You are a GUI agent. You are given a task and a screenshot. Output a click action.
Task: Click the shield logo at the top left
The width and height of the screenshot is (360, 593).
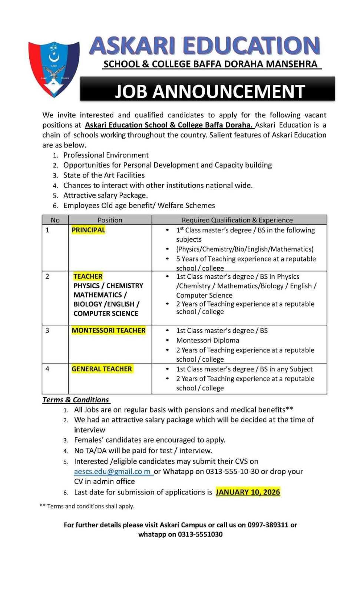pos(54,69)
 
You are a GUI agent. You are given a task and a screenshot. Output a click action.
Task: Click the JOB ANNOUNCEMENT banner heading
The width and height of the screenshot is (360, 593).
pos(209,91)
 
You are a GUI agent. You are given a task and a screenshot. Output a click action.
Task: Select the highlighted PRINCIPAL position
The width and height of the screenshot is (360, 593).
pos(88,230)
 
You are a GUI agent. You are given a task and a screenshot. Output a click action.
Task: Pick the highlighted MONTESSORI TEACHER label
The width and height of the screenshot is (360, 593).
pos(108,330)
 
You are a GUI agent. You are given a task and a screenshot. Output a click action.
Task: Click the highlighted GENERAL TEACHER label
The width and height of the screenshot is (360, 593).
pos(102,369)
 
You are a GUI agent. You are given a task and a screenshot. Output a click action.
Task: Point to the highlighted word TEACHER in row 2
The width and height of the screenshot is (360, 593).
pos(88,276)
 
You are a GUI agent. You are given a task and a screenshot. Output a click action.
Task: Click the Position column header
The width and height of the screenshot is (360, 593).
pos(110,220)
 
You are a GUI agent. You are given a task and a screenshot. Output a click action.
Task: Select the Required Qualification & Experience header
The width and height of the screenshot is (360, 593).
pos(237,220)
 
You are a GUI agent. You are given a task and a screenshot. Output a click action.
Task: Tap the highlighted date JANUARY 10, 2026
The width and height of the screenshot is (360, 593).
pos(248,492)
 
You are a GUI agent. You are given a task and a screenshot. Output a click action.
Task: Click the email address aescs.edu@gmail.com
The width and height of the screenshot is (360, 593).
pos(113,471)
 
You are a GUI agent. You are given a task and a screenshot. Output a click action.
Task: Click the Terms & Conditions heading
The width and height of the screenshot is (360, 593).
pos(76,400)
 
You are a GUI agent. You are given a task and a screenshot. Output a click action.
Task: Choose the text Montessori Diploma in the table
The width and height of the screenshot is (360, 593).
pos(208,340)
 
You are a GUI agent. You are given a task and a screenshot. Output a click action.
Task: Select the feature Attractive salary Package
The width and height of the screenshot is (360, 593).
pos(105,195)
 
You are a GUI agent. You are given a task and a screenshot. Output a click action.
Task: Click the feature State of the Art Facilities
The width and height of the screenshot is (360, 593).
pos(104,175)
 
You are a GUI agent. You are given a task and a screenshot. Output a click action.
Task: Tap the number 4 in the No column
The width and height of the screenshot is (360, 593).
pos(47,369)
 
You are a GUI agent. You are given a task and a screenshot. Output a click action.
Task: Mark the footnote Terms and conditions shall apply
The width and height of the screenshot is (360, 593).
pos(90,506)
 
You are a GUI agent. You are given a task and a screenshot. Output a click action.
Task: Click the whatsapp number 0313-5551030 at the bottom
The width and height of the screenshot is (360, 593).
pos(200,534)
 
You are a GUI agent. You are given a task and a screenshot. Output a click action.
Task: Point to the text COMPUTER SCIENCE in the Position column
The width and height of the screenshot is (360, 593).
pos(106,313)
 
